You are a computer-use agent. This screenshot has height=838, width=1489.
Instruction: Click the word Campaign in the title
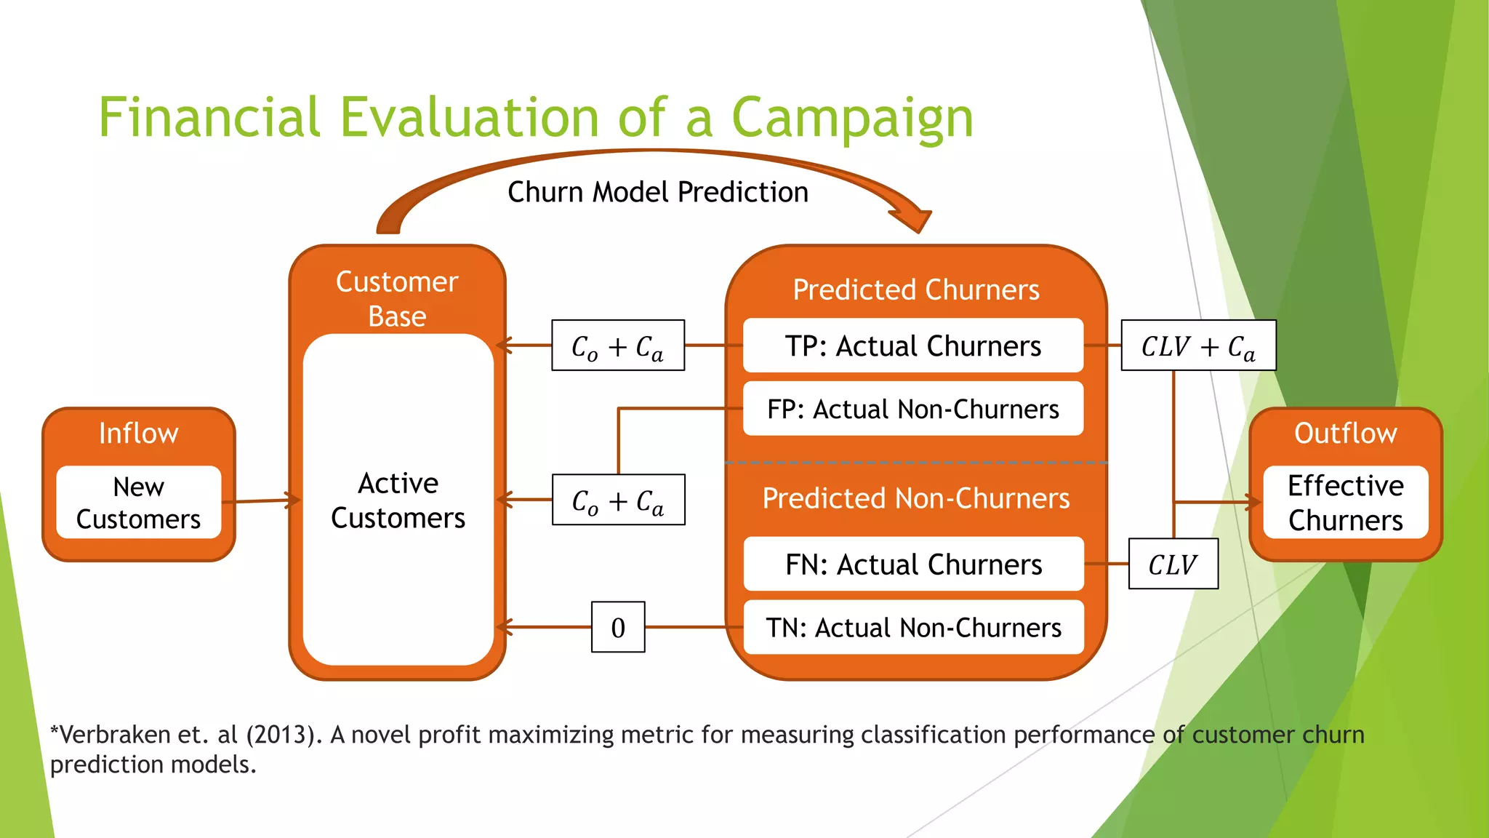[851, 118]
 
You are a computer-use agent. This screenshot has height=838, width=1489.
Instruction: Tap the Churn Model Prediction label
[657, 192]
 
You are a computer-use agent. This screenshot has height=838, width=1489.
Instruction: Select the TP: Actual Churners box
[913, 346]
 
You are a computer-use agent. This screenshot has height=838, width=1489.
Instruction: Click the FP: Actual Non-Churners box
[913, 409]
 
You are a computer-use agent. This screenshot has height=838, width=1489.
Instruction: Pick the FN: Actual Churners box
[913, 564]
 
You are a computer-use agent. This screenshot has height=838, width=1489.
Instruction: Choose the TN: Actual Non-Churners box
[913, 627]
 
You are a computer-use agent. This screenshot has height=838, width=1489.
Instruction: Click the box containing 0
[618, 627]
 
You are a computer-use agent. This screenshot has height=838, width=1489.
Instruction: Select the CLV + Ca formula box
[1198, 346]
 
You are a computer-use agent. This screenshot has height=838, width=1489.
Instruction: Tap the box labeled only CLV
[1173, 564]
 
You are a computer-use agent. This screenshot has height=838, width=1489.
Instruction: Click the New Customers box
[138, 503]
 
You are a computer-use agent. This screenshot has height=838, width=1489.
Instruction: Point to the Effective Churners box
[1345, 503]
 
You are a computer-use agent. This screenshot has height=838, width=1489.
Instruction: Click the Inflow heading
[138, 434]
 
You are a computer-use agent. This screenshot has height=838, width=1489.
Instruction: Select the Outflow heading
[1345, 434]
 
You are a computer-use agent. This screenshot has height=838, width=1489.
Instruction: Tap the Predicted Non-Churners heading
[915, 498]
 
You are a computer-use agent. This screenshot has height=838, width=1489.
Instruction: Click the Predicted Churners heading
[915, 290]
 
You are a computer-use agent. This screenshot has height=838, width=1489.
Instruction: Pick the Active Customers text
[398, 500]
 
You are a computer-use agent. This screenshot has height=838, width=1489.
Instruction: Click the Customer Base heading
[397, 298]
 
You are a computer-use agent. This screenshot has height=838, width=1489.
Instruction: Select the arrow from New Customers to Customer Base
[262, 500]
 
